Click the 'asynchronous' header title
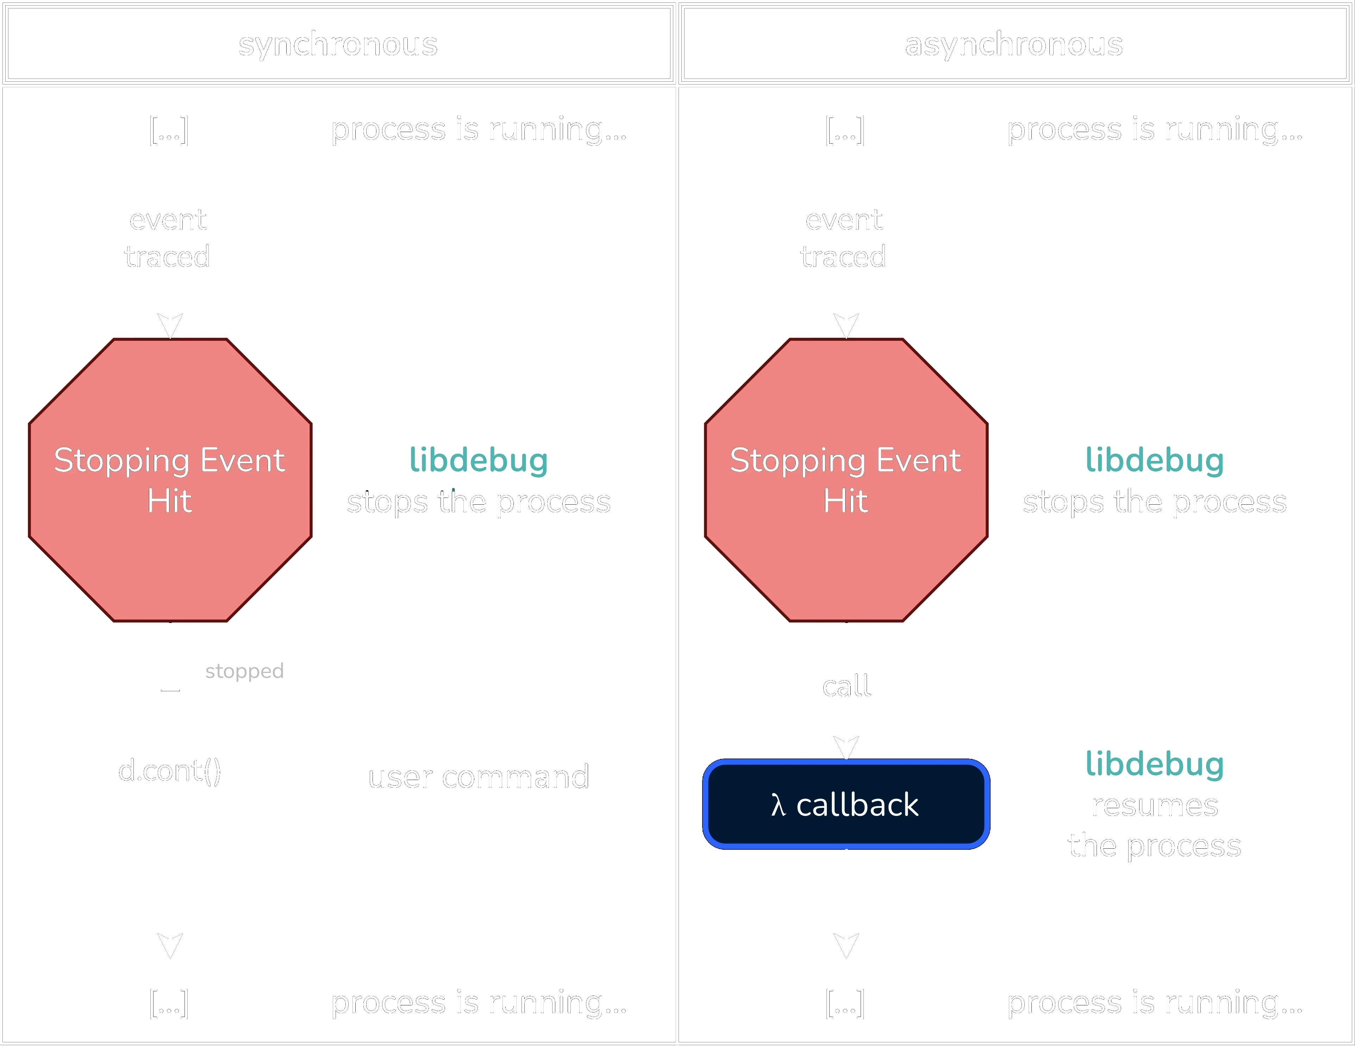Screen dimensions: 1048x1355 click(x=1014, y=45)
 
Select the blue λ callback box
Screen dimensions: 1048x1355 click(x=845, y=804)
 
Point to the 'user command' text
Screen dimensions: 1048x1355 click(x=478, y=777)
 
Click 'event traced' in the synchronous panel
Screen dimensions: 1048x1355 click(x=168, y=238)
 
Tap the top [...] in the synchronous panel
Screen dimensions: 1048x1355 click(x=169, y=130)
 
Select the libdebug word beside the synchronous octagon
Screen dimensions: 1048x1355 click(x=478, y=460)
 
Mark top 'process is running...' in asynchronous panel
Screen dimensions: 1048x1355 click(x=1154, y=130)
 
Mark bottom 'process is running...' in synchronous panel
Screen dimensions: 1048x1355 click(x=478, y=1003)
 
